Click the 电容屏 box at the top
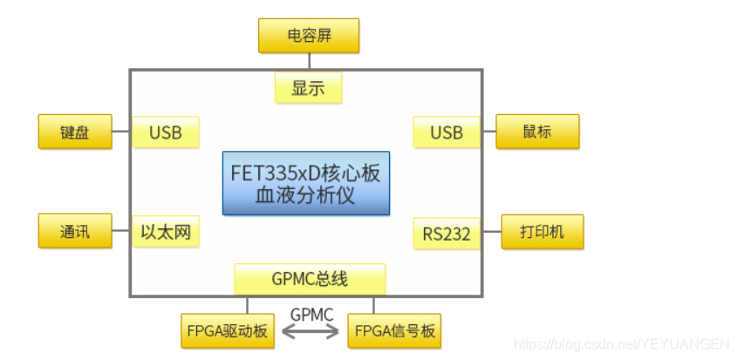(x=309, y=36)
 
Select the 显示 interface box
(x=308, y=88)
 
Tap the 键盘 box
(x=75, y=132)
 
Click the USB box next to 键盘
(x=166, y=132)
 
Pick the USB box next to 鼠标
(x=447, y=132)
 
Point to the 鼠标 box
(x=537, y=132)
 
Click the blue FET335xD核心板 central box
(x=305, y=173)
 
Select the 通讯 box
(x=75, y=231)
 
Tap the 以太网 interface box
(x=166, y=232)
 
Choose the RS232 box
(x=447, y=233)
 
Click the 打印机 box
(x=542, y=232)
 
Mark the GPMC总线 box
(x=310, y=279)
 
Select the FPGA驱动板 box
(x=228, y=331)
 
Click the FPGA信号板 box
(x=394, y=331)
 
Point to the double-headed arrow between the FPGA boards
(x=310, y=332)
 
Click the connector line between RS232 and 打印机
(x=491, y=232)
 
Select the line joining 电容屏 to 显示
(x=309, y=62)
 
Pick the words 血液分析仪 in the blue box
(x=305, y=195)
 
